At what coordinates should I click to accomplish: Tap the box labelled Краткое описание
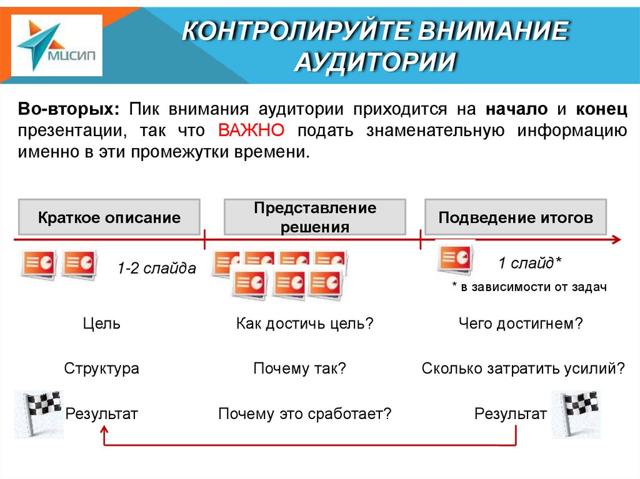coord(109,217)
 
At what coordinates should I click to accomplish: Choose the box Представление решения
coord(315,217)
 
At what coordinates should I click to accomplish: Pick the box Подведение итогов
coord(515,217)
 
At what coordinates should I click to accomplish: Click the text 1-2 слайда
coord(156,269)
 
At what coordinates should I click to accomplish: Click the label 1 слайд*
coord(529,263)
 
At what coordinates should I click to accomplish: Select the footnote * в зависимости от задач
coord(529,287)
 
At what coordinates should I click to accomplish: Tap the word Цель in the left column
coord(101,324)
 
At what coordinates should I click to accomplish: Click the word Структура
coord(101,368)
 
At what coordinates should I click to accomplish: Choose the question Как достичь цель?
coord(304,324)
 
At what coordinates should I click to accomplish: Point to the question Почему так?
coord(300,368)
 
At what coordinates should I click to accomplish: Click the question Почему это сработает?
coord(304,413)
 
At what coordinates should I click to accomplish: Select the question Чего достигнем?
coord(521,324)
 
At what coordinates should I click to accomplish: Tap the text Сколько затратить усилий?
coord(523,368)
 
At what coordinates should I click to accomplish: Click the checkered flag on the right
coord(576,412)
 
